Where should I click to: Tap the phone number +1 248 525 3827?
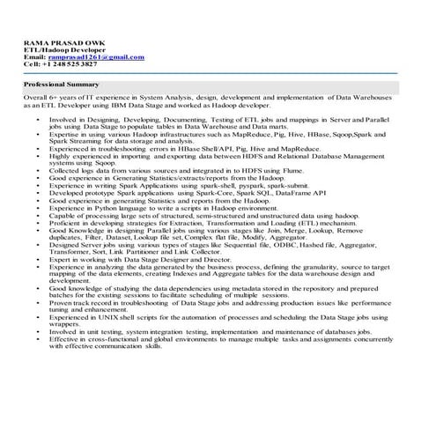click(75, 64)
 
